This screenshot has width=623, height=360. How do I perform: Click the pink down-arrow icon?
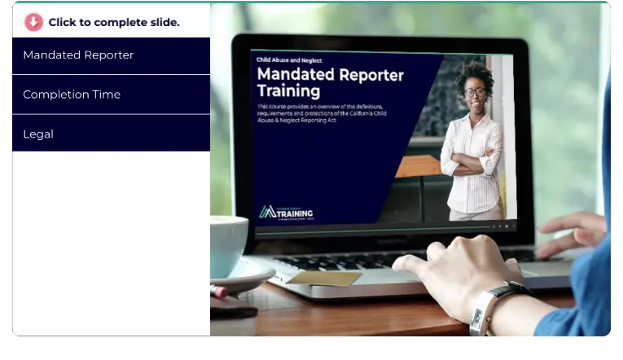pos(33,22)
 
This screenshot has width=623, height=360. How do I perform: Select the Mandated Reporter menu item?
pos(78,55)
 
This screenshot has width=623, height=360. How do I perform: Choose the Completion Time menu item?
pos(72,94)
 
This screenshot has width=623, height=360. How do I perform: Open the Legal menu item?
pos(38,134)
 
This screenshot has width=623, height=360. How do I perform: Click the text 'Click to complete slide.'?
pos(114,22)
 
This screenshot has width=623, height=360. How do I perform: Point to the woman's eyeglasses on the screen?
pos(475,92)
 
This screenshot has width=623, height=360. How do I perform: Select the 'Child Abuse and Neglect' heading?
pos(289,60)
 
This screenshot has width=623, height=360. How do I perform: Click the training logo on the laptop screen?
pos(286,213)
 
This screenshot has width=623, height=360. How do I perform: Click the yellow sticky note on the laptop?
pos(323,279)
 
